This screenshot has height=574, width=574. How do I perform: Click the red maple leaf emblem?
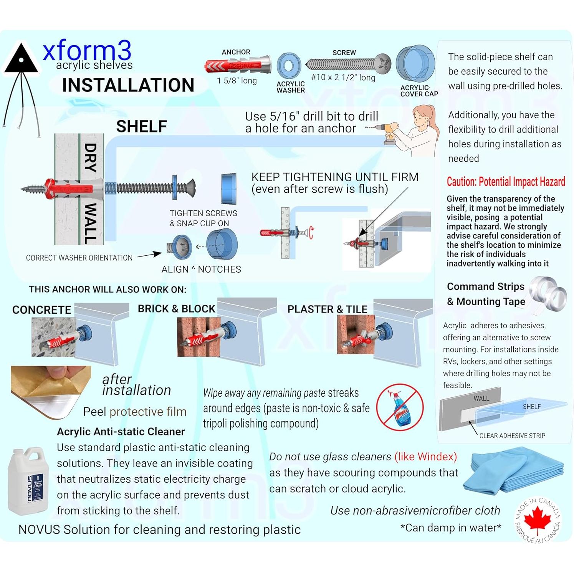click(538, 519)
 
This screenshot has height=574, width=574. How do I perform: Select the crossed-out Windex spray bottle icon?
click(400, 407)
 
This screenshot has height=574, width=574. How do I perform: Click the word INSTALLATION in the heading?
click(128, 85)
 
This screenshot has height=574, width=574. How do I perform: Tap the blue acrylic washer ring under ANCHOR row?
click(289, 66)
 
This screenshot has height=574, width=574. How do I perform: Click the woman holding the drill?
click(419, 131)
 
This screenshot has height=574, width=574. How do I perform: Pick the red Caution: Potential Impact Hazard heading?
click(505, 182)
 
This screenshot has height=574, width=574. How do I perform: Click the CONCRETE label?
click(41, 310)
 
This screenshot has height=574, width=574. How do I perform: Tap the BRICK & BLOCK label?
click(176, 309)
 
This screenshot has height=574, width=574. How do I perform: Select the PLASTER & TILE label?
click(327, 309)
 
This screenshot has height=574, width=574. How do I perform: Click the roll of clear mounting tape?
click(548, 293)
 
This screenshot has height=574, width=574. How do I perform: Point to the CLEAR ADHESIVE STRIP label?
click(512, 435)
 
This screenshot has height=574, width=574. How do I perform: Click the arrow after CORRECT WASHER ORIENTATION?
click(149, 255)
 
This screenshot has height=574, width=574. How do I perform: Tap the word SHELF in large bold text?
click(141, 126)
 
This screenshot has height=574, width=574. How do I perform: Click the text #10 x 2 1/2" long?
click(343, 77)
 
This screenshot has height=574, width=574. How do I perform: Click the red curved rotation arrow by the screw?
click(311, 232)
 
